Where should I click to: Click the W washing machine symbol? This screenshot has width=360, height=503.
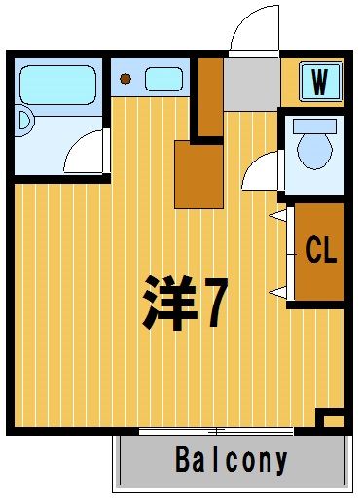[320, 82]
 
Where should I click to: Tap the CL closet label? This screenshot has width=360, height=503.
[321, 249]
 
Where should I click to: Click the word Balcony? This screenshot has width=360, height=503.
[232, 459]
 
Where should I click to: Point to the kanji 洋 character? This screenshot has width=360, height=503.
[170, 303]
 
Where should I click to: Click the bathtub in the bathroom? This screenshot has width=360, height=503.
[58, 85]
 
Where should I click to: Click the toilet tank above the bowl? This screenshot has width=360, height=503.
[314, 126]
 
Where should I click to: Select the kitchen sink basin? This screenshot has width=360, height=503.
[163, 79]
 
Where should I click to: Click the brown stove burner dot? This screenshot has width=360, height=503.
[126, 79]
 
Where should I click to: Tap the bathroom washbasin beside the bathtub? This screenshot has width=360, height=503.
[24, 121]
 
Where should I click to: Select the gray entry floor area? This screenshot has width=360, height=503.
[252, 85]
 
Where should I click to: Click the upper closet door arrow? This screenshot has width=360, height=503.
[277, 216]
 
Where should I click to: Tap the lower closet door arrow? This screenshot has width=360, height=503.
[277, 293]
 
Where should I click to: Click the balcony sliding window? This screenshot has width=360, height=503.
[216, 431]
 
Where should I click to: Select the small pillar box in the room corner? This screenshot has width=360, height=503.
[330, 417]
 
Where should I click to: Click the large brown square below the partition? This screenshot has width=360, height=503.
[198, 175]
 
